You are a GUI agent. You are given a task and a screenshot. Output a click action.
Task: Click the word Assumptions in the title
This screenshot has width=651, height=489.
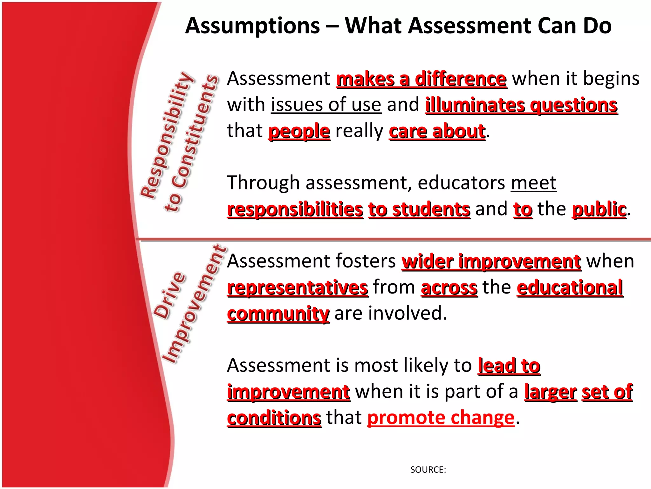(253, 26)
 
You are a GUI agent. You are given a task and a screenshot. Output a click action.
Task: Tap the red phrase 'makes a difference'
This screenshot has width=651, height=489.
(421, 79)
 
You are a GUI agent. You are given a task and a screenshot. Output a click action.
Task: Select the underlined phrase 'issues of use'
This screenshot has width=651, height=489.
(326, 105)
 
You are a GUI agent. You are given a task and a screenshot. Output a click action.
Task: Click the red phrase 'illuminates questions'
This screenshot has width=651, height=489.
(521, 105)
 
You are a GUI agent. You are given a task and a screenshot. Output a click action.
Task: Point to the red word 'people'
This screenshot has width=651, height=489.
(299, 131)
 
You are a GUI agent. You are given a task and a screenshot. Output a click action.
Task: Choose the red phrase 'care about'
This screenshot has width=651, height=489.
(437, 131)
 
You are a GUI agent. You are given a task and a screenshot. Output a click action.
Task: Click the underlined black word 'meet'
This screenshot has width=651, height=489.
(533, 183)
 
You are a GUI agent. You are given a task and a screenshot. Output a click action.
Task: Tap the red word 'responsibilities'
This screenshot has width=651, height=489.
(295, 209)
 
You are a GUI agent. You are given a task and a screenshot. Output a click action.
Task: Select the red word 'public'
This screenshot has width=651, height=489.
(599, 209)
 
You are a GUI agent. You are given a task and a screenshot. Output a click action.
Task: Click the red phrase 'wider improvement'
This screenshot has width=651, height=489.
(491, 261)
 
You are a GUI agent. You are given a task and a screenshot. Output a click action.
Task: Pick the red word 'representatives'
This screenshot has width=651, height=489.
(298, 287)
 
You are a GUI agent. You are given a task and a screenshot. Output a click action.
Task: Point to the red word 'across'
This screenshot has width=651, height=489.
(449, 287)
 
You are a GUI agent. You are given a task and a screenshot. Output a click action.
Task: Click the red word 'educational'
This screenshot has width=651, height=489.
(570, 287)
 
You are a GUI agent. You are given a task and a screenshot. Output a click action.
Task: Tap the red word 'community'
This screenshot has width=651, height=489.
(278, 314)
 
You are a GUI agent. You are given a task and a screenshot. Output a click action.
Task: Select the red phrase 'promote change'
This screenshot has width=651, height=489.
(441, 418)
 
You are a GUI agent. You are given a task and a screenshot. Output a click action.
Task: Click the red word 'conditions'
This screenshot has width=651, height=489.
(274, 418)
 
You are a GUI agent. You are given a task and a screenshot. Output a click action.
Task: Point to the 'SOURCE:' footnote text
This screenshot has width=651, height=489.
(428, 470)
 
